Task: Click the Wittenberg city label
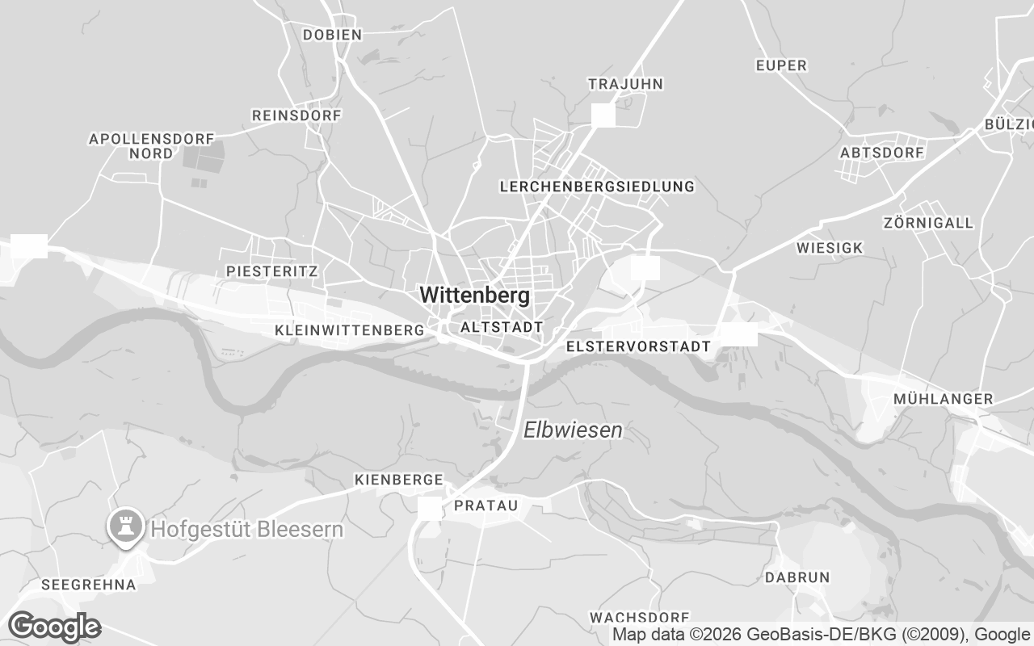click(x=475, y=296)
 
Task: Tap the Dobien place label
click(x=332, y=35)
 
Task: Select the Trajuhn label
click(x=625, y=84)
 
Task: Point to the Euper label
click(x=782, y=65)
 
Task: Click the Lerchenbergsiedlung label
click(x=597, y=187)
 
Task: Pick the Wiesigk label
click(x=830, y=248)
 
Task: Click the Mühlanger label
click(x=944, y=399)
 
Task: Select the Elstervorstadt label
click(x=639, y=346)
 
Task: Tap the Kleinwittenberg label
click(x=350, y=330)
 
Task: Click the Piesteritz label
click(x=272, y=271)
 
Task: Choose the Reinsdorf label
click(x=296, y=115)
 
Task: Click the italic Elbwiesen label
click(x=573, y=430)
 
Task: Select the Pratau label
click(x=485, y=505)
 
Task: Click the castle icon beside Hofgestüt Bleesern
click(x=125, y=529)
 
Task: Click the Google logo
click(x=54, y=627)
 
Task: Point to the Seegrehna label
click(x=88, y=584)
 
